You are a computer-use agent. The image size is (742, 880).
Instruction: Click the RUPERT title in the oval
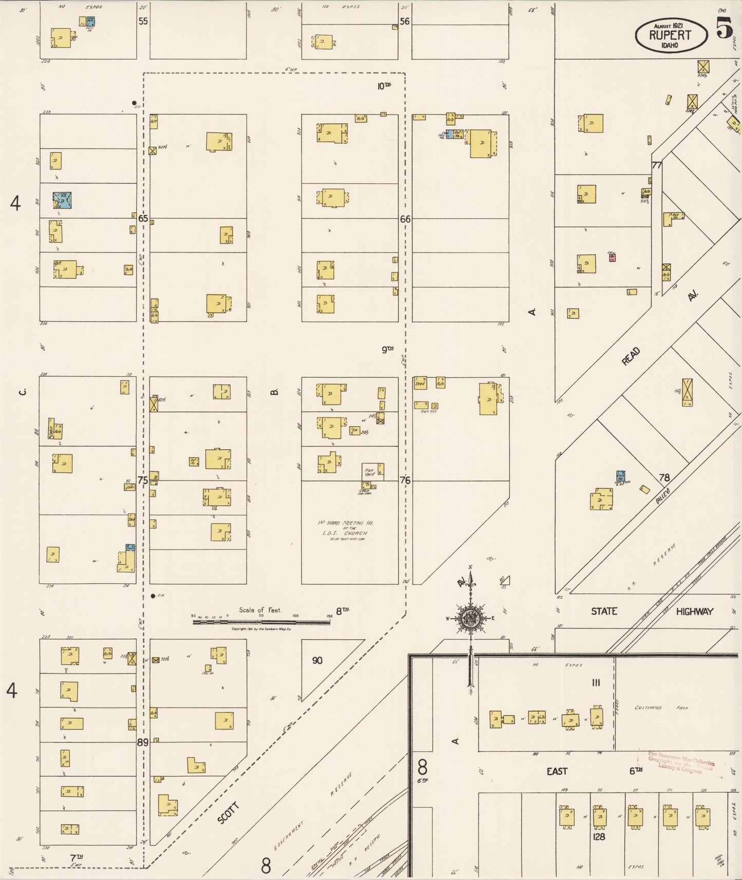pyautogui.click(x=670, y=35)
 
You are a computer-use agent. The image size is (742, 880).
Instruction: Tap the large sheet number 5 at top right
pyautogui.click(x=724, y=28)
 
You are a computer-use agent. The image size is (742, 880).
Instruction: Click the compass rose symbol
pyautogui.click(x=469, y=618)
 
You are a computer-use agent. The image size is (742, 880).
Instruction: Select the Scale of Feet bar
pyautogui.click(x=261, y=622)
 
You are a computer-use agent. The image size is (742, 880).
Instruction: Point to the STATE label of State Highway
pyautogui.click(x=604, y=611)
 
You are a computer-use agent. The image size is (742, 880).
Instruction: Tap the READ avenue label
pyautogui.click(x=631, y=356)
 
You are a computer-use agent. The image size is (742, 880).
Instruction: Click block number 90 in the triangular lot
pyautogui.click(x=317, y=660)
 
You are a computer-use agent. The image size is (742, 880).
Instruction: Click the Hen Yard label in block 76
pyautogui.click(x=369, y=472)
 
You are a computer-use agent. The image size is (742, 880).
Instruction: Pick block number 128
pyautogui.click(x=599, y=836)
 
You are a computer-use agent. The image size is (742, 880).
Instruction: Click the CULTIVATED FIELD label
pyautogui.click(x=663, y=707)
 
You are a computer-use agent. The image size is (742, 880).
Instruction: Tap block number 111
pyautogui.click(x=596, y=682)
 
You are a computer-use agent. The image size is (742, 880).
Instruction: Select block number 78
pyautogui.click(x=664, y=477)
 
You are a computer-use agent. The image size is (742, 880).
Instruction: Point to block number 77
pyautogui.click(x=656, y=165)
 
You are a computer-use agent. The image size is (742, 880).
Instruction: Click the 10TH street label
pyautogui.click(x=384, y=86)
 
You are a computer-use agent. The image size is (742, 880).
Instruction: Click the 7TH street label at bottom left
pyautogui.click(x=77, y=857)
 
